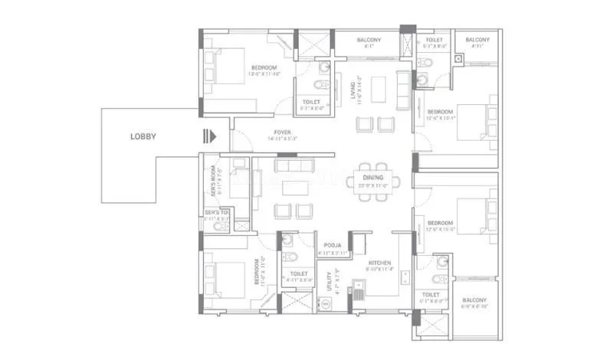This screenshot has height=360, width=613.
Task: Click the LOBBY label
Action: coord(143,137)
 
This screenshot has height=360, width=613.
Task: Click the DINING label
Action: coord(374,178)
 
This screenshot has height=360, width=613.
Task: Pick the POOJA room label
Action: coord(333,246)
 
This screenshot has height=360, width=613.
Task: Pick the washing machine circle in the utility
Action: coord(326,303)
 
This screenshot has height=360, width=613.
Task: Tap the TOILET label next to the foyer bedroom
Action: coord(311,101)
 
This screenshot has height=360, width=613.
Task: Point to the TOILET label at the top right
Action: coord(434,40)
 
